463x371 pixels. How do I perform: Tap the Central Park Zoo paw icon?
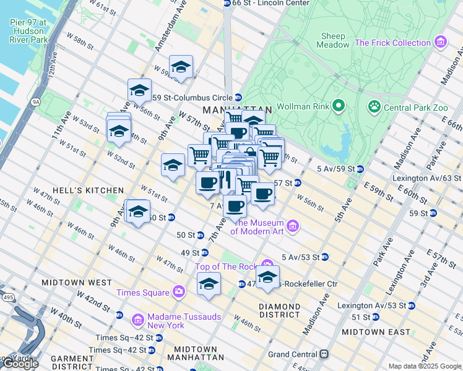coord(374,107)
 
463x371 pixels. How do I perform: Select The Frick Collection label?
coord(392,43)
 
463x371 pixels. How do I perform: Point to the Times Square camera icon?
coord(179,292)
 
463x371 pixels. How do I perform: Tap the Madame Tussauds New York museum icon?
coord(139,320)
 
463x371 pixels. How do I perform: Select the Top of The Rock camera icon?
coord(266,264)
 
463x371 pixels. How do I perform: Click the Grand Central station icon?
coord(322,354)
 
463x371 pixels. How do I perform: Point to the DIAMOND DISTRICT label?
coord(279,310)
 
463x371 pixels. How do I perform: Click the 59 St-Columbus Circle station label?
coord(192,98)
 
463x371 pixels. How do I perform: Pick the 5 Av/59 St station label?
coord(335,169)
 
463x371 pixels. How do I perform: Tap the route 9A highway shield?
coord(35,101)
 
